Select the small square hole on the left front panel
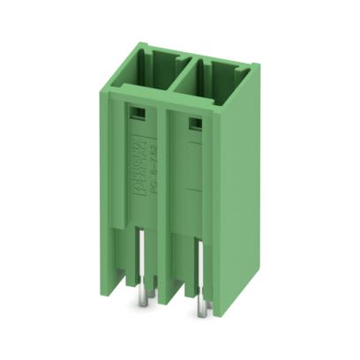pyautogui.click(x=137, y=113)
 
